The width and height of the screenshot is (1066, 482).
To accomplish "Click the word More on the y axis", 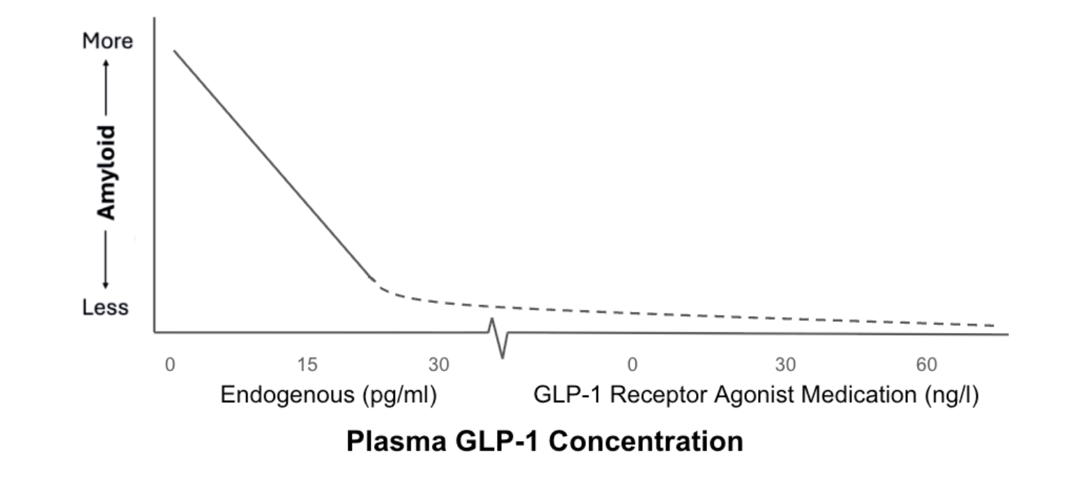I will tap(107, 41).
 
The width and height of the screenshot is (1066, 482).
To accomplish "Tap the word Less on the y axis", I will tap(106, 307).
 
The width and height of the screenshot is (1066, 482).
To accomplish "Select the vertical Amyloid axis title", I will tap(107, 172).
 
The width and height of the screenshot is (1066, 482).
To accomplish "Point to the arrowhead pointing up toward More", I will tap(107, 63).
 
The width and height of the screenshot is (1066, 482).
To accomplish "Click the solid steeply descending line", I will tap(272, 164).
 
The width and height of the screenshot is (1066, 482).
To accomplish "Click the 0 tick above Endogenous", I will tap(169, 364).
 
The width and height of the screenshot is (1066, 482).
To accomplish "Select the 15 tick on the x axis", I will tap(307, 364).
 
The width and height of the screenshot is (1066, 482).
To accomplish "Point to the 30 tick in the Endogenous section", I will tap(439, 364).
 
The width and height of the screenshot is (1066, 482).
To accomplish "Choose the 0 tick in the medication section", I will tap(632, 364).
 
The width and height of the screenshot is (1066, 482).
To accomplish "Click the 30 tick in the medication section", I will tap(785, 364).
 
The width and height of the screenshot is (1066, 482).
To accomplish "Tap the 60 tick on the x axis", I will tap(927, 364).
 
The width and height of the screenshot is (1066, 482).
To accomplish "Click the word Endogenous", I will tap(288, 396).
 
